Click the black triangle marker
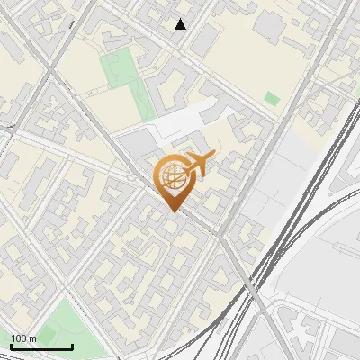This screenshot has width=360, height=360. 181,24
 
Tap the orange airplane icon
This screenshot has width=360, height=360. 197,165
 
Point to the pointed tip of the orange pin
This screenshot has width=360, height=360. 171,211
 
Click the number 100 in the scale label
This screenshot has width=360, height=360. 19,338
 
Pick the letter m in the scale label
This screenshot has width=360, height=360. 32,338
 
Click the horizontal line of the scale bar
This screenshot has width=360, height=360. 41,346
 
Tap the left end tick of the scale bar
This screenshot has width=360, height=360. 11,345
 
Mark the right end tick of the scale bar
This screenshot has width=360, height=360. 72,345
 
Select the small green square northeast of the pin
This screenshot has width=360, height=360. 272,98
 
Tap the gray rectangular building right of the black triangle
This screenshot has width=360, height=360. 205,36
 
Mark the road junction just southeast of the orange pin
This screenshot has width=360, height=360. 218,236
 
